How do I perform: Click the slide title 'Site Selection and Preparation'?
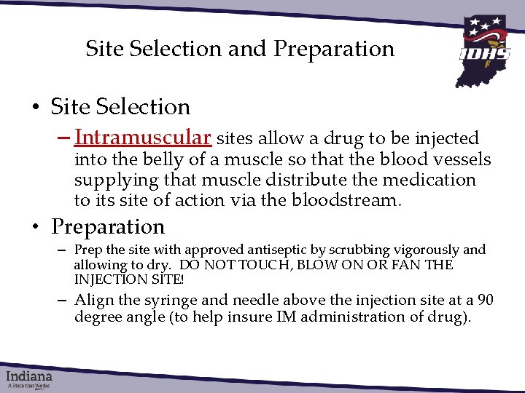pos(240,49)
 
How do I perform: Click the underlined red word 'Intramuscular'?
pos(143,138)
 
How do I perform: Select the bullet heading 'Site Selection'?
pos(120,107)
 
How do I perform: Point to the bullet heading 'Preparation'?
pos(108,226)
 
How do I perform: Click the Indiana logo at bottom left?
pos(30,379)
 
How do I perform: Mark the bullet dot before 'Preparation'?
pos(36,227)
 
